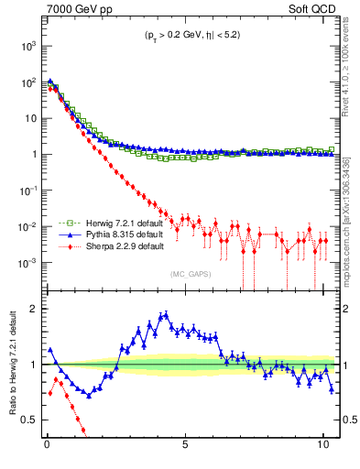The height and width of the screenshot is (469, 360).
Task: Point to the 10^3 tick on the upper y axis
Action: (30, 45)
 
